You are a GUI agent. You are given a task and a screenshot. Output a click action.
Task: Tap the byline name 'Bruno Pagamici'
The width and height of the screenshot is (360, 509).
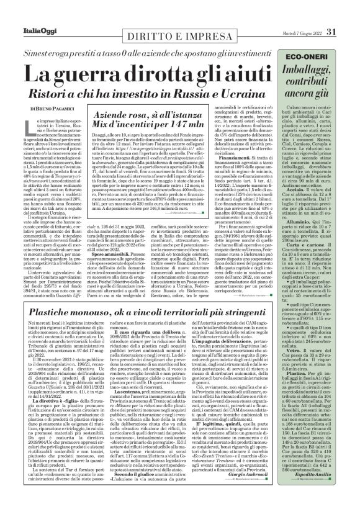point(63,108)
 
